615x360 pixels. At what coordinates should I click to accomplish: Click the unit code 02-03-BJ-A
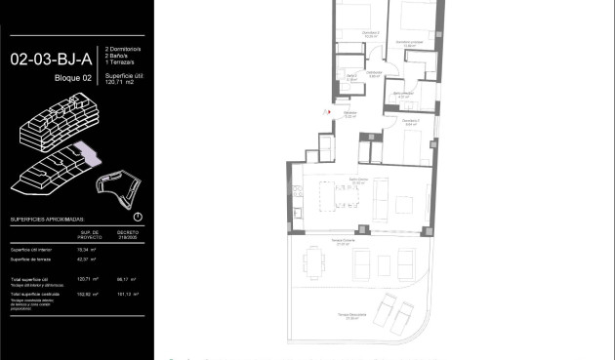[47, 58]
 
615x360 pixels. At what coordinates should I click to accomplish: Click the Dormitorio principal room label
[408, 43]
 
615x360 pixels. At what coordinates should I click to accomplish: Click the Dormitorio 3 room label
[410, 123]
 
